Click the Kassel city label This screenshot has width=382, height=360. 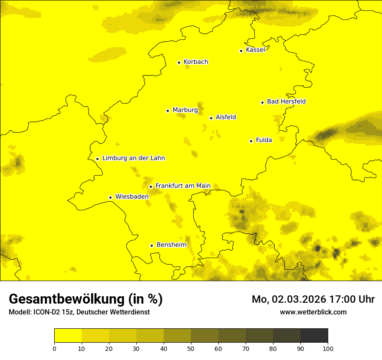255,50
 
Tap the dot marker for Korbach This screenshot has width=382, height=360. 179,62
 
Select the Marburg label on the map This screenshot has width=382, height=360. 185,110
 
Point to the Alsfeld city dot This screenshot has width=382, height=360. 211,118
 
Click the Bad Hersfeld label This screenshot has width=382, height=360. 286,101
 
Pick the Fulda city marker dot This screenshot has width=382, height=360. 251,141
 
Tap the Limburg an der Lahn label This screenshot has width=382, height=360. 134,158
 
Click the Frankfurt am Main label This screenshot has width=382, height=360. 183,186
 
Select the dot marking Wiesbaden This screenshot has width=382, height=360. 110,197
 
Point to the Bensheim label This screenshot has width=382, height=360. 171,245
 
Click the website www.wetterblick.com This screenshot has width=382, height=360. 313,312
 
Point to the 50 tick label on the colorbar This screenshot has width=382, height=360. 191,348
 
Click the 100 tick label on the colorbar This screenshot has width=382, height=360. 328,348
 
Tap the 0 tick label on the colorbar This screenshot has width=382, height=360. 54,348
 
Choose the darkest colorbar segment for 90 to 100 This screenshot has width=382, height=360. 314,336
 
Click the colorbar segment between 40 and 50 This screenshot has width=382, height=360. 177,336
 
